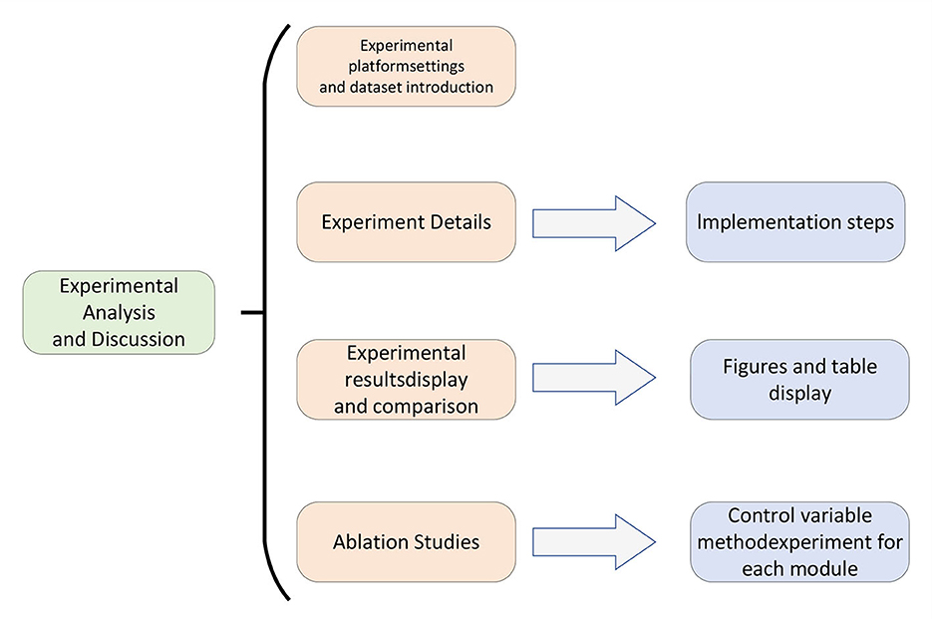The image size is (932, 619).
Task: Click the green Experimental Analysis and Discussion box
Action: [119, 313]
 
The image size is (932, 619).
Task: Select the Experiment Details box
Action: [406, 222]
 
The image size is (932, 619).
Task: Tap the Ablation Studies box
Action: [406, 541]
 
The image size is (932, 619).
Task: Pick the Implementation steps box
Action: [795, 222]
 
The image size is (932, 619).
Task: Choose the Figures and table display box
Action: [799, 380]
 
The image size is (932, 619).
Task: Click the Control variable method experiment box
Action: [799, 541]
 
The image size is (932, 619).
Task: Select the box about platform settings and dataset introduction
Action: [406, 67]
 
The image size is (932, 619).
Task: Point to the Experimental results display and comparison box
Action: [406, 380]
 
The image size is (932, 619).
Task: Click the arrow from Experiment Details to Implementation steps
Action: [594, 223]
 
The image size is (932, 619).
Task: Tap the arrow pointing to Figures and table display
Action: [594, 378]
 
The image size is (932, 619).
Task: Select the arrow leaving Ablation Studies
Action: [594, 541]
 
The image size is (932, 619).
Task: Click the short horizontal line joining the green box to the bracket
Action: [252, 312]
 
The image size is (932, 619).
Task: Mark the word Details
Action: [461, 222]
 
